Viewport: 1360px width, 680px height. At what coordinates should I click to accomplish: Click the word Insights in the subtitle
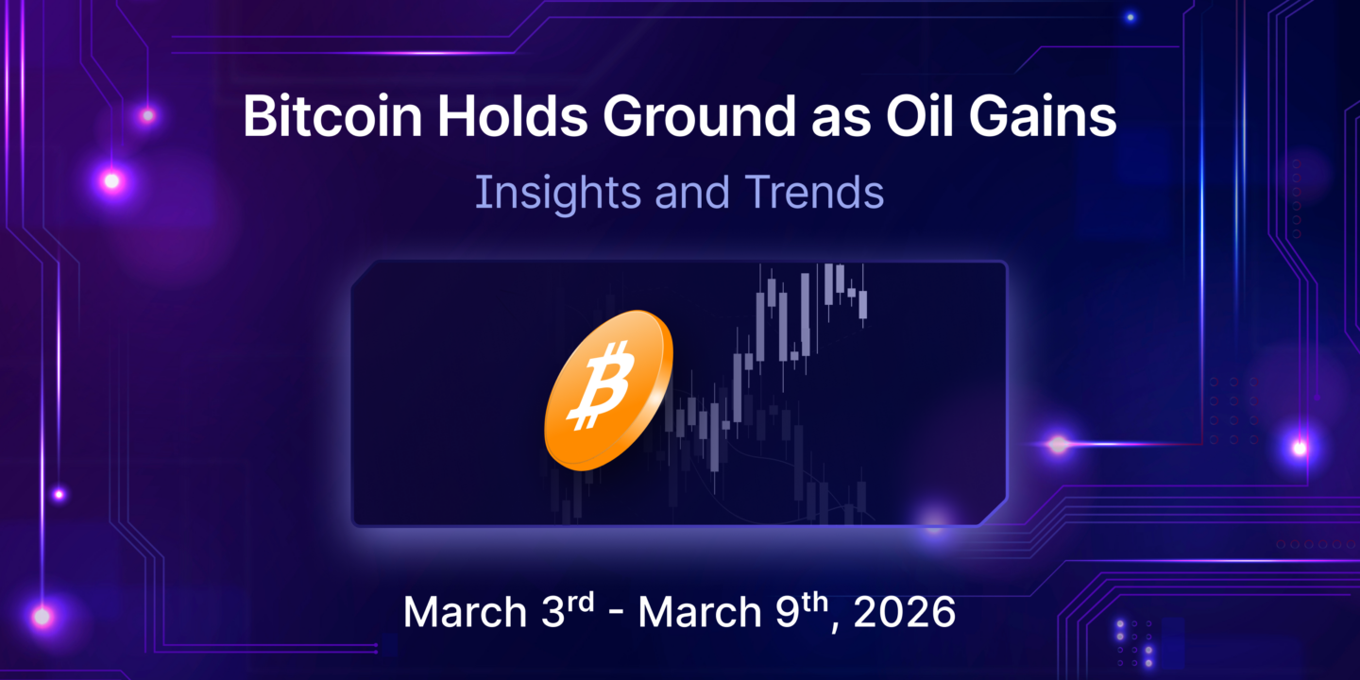pos(543,193)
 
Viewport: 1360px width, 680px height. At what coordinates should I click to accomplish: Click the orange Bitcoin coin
pos(608,389)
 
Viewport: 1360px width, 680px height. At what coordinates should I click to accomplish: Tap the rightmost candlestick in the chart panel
pos(863,304)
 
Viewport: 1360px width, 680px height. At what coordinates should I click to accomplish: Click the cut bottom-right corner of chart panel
pos(993,511)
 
